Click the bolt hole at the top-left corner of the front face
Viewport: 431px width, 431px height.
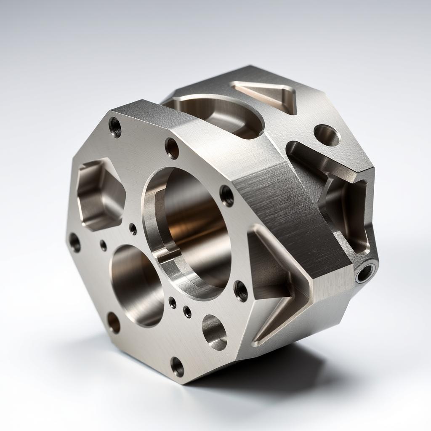[115, 127]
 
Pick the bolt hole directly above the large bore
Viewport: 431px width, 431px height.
[172, 148]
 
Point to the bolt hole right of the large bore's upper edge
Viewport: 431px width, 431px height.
[227, 195]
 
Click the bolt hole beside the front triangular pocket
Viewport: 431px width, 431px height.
[241, 291]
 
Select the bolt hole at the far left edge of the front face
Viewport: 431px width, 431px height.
[74, 243]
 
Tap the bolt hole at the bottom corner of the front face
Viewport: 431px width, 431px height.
[177, 367]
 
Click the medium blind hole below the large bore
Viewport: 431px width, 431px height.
[214, 332]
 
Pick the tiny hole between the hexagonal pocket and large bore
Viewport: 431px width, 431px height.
[133, 229]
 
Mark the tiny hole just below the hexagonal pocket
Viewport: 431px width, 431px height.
[103, 245]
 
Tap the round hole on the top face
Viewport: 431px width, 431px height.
[327, 135]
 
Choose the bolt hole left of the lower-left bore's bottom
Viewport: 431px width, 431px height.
[114, 322]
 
